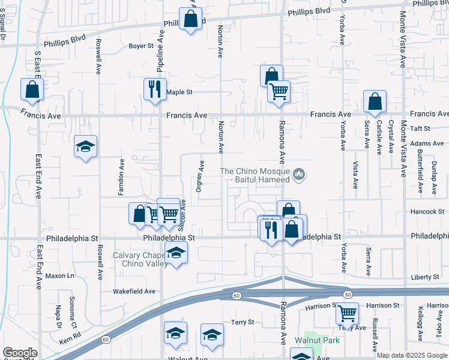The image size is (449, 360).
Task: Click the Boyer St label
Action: point(142,46)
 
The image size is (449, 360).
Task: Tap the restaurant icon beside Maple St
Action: point(155,89)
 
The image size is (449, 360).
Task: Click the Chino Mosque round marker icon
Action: point(300,175)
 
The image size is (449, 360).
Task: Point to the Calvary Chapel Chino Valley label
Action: point(139,259)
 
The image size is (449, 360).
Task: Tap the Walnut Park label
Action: point(317,340)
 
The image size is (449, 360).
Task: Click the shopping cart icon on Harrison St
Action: point(347,313)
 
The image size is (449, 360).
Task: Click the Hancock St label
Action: point(427,212)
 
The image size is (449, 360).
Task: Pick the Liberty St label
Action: point(426,277)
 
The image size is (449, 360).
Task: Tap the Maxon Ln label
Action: point(60,276)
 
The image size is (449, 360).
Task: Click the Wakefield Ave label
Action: point(134,292)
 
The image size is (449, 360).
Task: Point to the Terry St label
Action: point(243,322)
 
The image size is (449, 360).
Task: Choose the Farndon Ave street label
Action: point(121,177)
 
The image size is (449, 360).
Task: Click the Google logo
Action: point(20,353)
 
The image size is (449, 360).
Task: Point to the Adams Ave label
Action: point(427,143)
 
